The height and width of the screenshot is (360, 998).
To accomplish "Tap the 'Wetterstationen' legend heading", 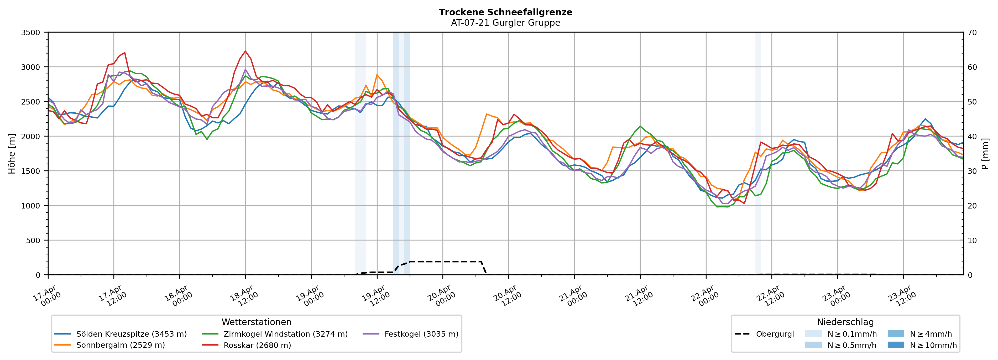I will click(x=257, y=322).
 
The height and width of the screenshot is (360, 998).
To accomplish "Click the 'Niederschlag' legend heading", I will click(x=845, y=322).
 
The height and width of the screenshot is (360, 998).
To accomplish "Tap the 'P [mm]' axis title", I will click(x=985, y=154).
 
